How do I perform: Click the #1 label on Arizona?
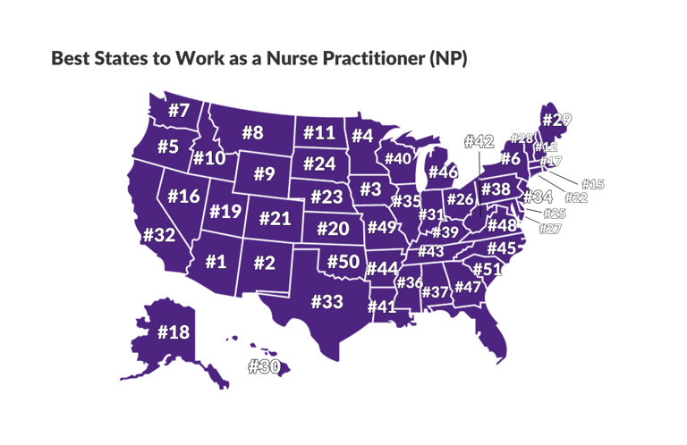pyautogui.click(x=215, y=262)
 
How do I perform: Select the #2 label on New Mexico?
pyautogui.click(x=264, y=262)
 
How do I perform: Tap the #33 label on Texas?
pyautogui.click(x=327, y=302)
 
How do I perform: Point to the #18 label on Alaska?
pyautogui.click(x=174, y=332)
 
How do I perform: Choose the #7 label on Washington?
pyautogui.click(x=179, y=112)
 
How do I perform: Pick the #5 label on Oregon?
pyautogui.click(x=167, y=146)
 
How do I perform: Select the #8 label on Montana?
pyautogui.click(x=252, y=133)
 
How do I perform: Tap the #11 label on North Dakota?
pyautogui.click(x=319, y=133)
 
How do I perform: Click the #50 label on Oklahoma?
pyautogui.click(x=343, y=262)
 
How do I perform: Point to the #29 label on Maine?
pyautogui.click(x=556, y=120)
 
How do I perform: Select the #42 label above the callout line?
pyautogui.click(x=479, y=142)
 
